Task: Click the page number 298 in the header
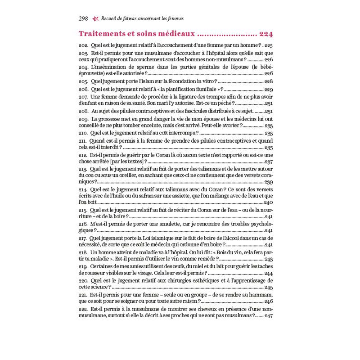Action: (83, 18)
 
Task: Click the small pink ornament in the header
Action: (95, 18)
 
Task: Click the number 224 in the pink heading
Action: (265, 34)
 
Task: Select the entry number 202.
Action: (83, 46)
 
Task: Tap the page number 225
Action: (269, 46)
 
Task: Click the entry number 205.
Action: (83, 81)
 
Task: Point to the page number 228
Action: (269, 81)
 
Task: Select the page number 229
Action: (269, 90)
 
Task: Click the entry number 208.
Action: (83, 111)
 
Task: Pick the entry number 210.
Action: (83, 133)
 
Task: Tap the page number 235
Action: (269, 147)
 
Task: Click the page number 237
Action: (269, 161)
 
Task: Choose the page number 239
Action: (269, 182)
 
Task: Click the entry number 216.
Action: (83, 224)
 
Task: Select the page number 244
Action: (269, 273)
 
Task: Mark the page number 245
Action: (269, 287)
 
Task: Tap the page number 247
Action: (269, 316)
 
